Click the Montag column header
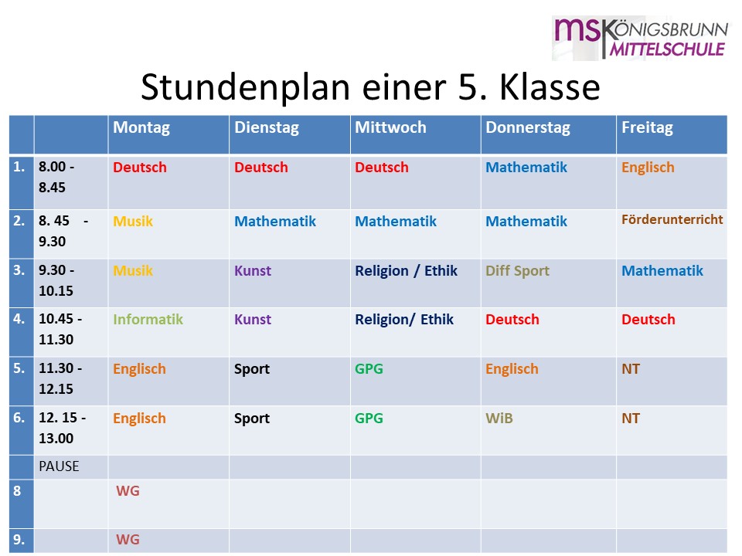pos(141,128)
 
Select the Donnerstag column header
pos(528,128)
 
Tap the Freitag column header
pos(647,128)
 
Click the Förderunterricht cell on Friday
pos(672,219)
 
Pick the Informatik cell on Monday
pos(148,320)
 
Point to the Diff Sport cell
pos(517,271)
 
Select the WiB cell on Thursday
pos(499,419)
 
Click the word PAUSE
pos(59,466)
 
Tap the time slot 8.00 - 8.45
pos(56,177)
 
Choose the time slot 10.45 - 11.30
pos(60,329)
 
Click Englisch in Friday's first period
pos(648,168)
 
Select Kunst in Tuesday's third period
pos(253,271)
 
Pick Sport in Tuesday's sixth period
pos(252,419)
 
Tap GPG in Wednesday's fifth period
pos(369,369)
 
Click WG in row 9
pos(128,540)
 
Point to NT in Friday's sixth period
pos(631,419)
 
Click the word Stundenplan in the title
pos(246,88)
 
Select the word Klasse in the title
pos(550,87)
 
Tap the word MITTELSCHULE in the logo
pos(667,49)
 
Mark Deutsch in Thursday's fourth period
pos(512,320)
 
